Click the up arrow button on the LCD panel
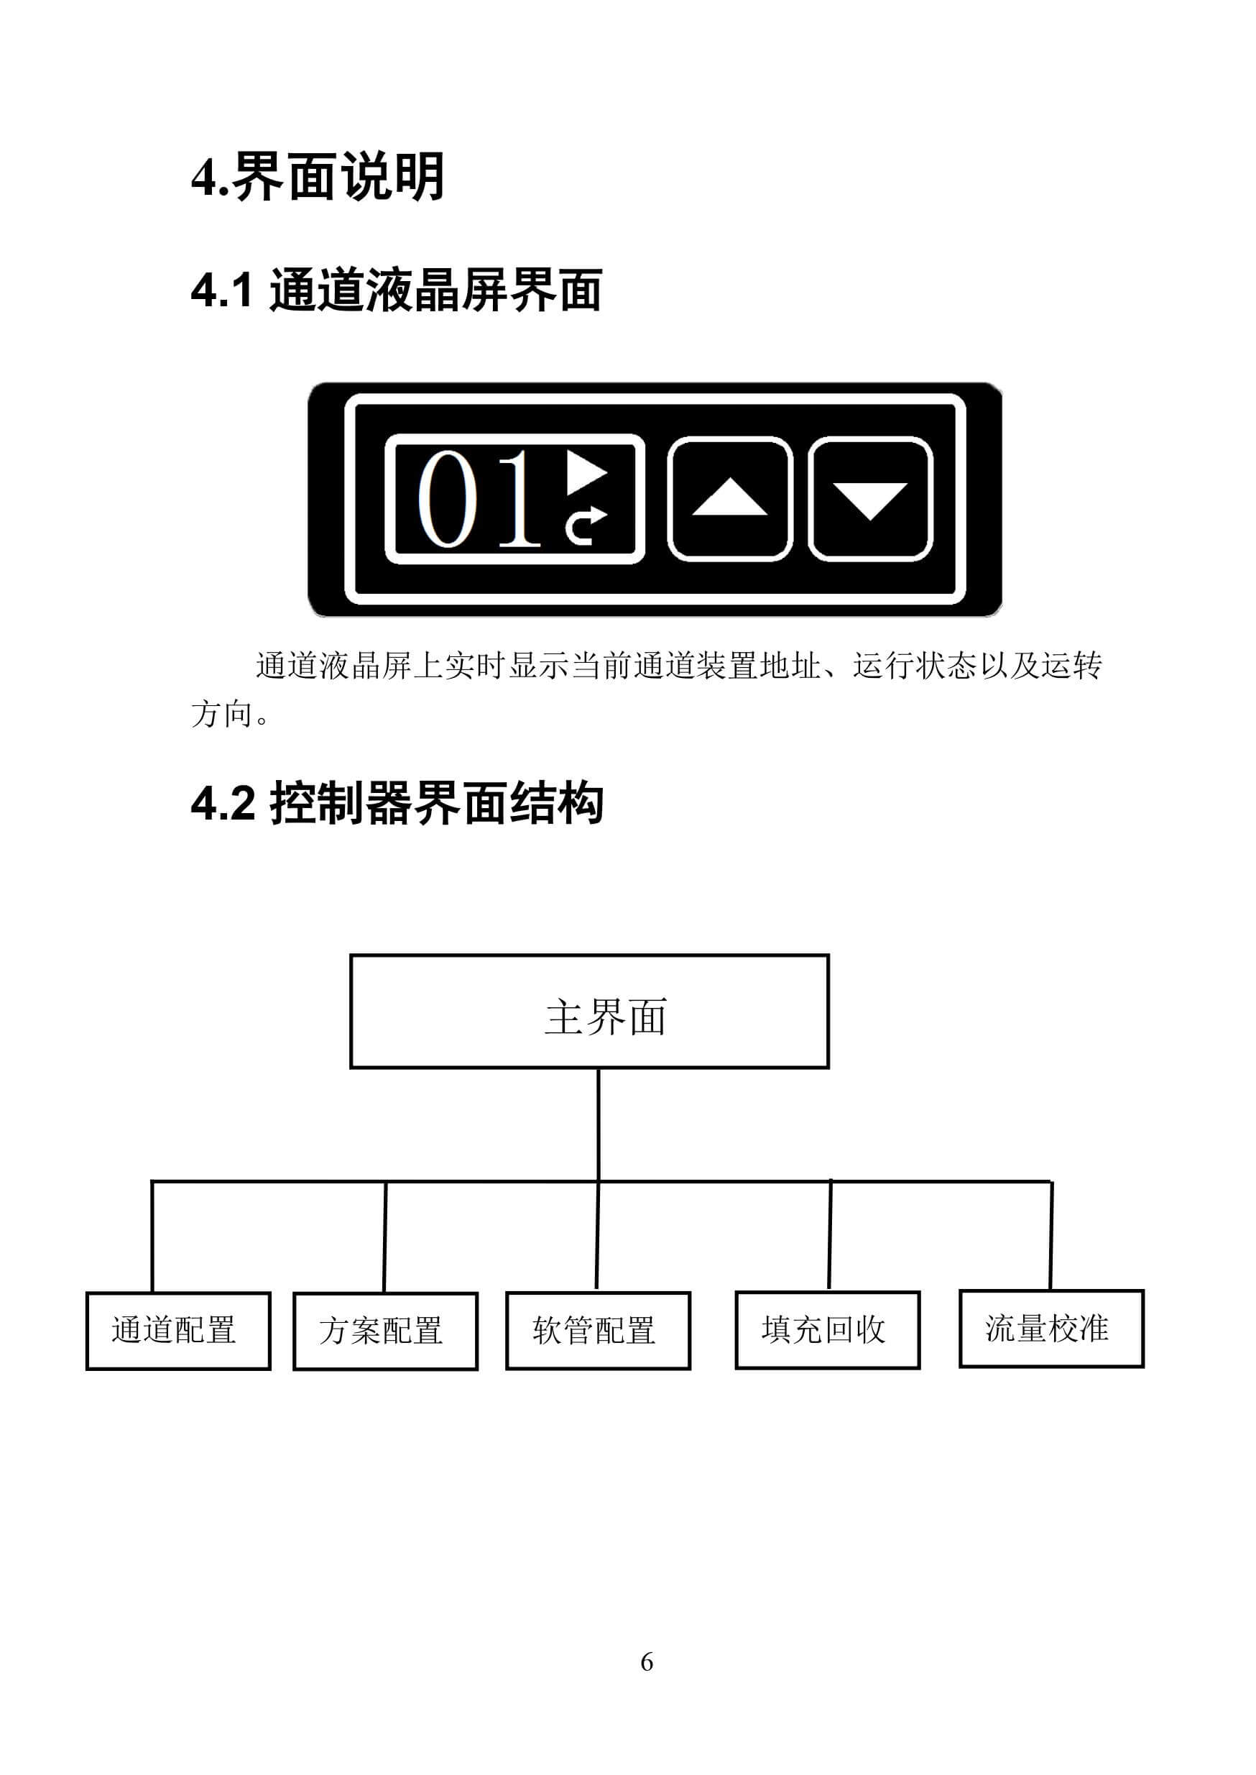pos(729,498)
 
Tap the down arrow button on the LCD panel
pos(870,498)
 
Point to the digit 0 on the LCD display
pos(447,499)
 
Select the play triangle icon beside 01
pos(586,472)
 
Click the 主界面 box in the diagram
pos(589,1012)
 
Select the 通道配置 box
pos(178,1331)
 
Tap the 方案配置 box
pos(385,1331)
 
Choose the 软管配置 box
pos(598,1331)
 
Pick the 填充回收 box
pos(828,1330)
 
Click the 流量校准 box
pos(1051,1329)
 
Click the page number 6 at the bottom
pos(647,1661)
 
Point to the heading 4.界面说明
pos(317,177)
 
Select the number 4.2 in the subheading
pos(223,802)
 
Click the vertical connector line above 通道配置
pos(152,1237)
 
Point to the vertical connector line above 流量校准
pos(1051,1236)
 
